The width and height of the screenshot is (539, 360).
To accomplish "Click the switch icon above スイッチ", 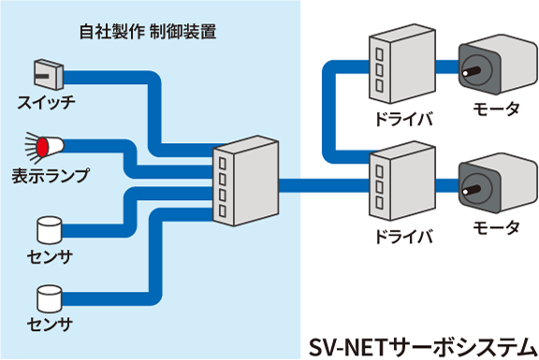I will click(46, 73).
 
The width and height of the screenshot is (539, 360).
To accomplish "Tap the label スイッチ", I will click(46, 101).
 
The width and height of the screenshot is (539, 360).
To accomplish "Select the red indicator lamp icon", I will click(46, 146).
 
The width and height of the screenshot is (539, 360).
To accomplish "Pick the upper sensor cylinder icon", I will click(48, 229).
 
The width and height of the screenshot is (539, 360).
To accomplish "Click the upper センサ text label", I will click(47, 256).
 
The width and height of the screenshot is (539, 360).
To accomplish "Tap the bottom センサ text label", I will click(47, 326).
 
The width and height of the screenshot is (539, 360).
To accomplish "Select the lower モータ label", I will click(496, 228).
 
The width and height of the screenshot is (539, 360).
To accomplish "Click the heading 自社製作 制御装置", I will click(149, 33).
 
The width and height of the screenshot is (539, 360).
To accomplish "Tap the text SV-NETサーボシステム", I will click(422, 343).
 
